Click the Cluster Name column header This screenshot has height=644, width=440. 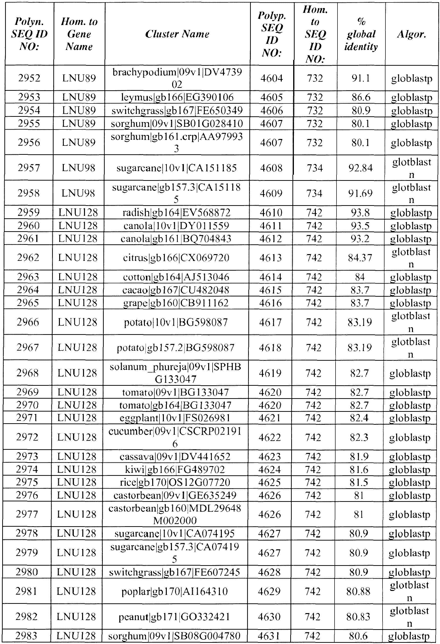(x=177, y=34)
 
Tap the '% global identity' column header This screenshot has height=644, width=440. (x=361, y=34)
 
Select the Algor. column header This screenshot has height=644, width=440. (x=412, y=34)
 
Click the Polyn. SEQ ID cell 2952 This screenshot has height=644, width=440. (x=29, y=78)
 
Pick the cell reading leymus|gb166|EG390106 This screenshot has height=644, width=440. (x=177, y=97)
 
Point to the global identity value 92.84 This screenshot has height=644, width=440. (x=360, y=168)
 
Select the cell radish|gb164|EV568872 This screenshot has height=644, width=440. (x=177, y=212)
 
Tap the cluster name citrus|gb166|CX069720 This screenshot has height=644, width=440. (x=176, y=258)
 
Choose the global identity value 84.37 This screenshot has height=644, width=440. (x=360, y=258)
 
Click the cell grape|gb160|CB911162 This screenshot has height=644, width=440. (x=176, y=303)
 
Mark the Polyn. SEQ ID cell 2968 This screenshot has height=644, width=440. (x=28, y=373)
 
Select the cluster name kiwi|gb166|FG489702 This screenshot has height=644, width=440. (x=175, y=469)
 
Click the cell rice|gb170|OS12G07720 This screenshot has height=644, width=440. (x=175, y=482)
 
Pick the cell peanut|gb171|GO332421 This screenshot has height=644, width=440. (x=174, y=617)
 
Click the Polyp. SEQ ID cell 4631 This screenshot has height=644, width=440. (x=269, y=636)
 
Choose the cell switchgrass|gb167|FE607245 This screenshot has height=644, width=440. (x=174, y=572)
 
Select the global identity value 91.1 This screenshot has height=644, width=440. (x=361, y=78)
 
